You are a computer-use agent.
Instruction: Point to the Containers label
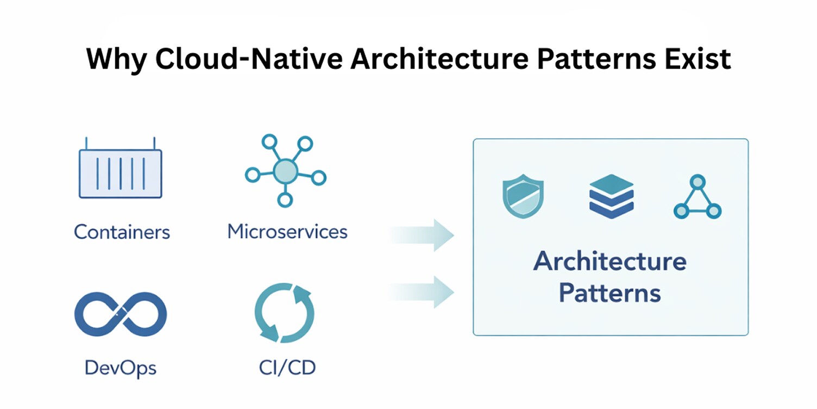[x=122, y=232]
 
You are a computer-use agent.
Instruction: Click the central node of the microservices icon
[x=284, y=171]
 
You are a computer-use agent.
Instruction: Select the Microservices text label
[x=287, y=232]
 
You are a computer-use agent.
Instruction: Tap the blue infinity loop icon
[x=120, y=314]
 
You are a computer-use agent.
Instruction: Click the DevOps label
[x=121, y=368]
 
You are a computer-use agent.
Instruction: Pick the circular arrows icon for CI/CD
[x=284, y=314]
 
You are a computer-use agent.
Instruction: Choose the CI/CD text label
[x=287, y=368]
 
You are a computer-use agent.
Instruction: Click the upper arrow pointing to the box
[x=424, y=235]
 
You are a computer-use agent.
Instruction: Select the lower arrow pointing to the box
[x=424, y=292]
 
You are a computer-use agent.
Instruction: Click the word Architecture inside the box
[x=610, y=262]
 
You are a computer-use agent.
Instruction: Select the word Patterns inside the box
[x=610, y=293]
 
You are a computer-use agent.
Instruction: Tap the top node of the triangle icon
[x=697, y=182]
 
